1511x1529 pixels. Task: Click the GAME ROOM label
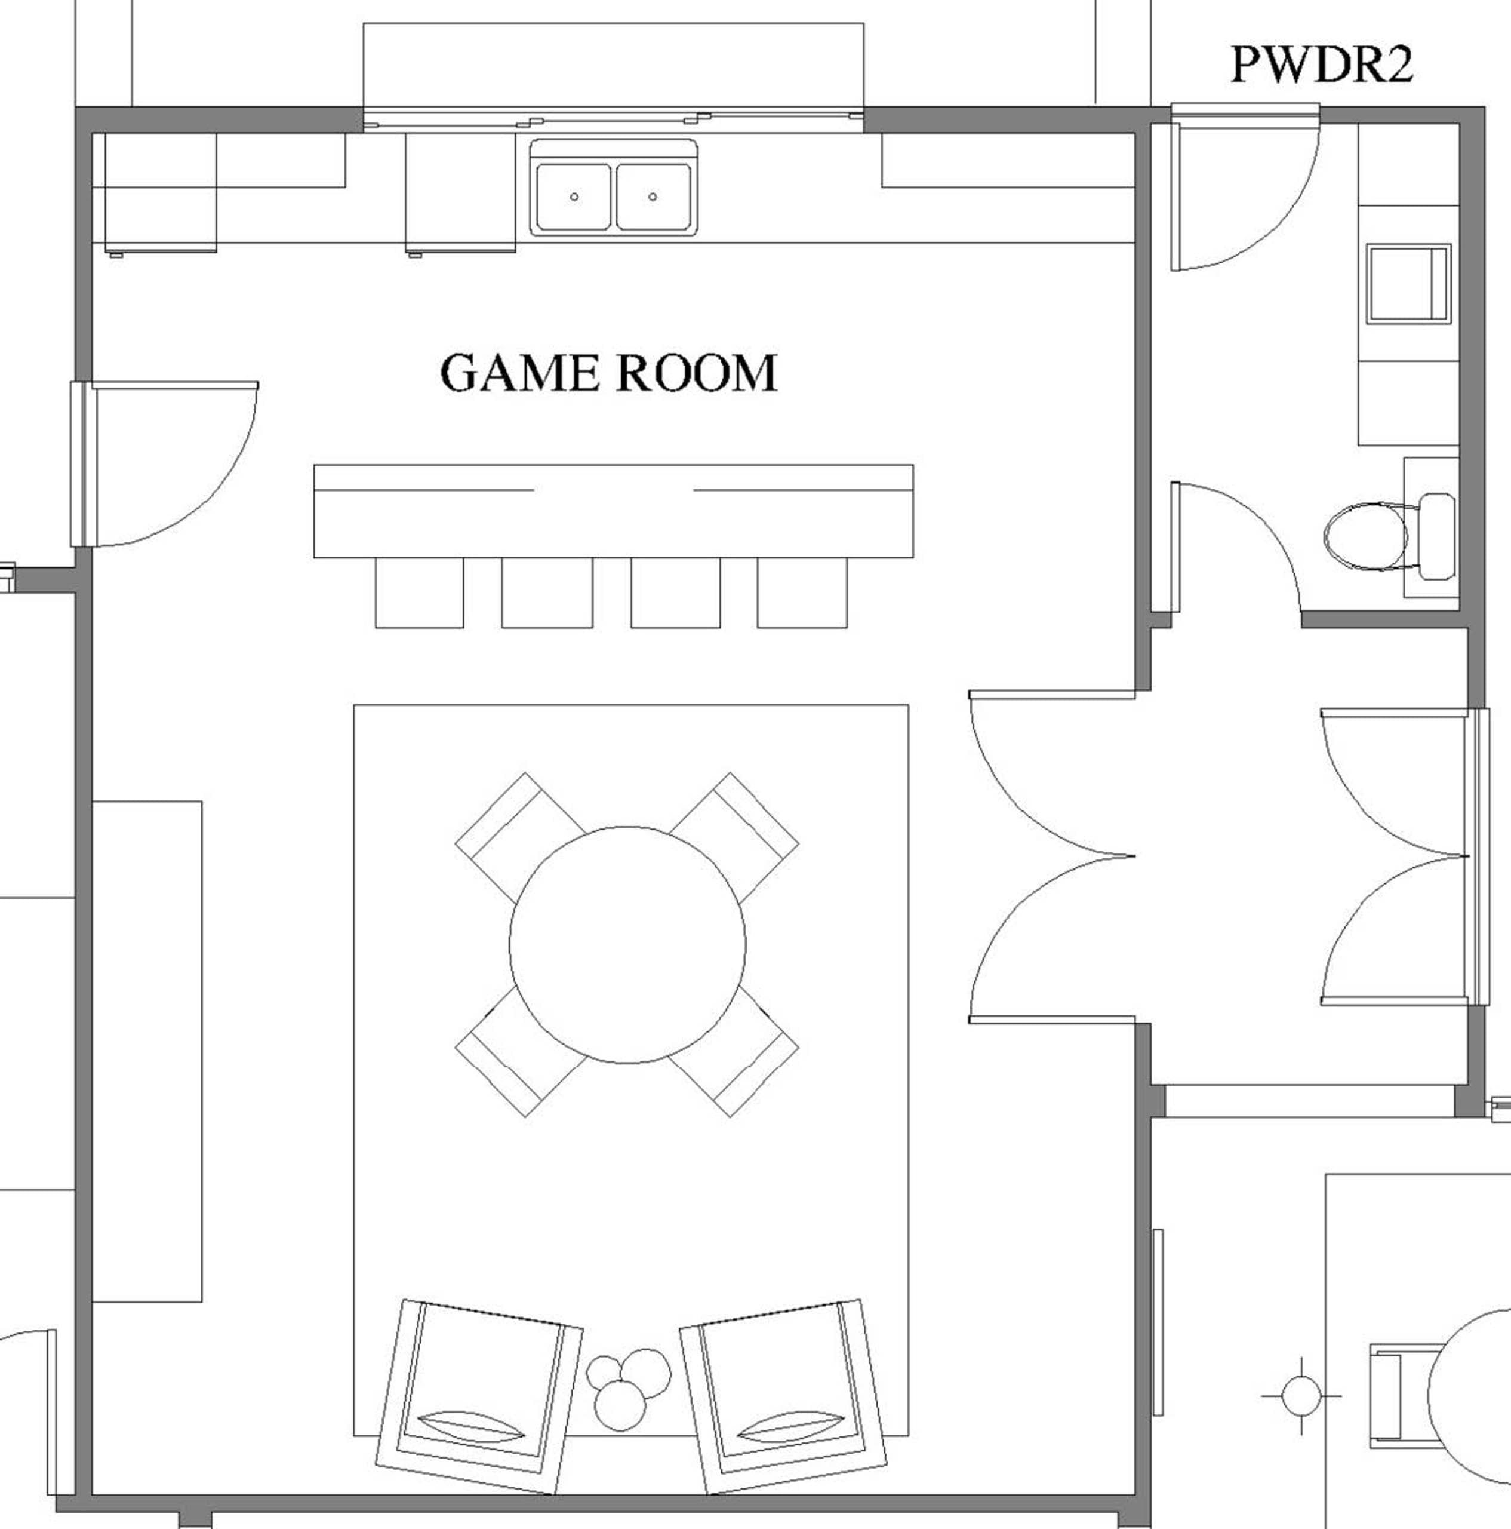pos(608,373)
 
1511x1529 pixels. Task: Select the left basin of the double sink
pos(574,197)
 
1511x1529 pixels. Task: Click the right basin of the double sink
pos(653,197)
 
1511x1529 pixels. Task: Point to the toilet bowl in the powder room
pos(1365,536)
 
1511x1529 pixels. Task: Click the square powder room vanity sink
pos(1408,283)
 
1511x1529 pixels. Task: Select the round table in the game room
pos(627,945)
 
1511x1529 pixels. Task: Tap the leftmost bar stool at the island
pos(419,592)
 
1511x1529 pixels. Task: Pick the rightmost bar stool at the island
pos(802,592)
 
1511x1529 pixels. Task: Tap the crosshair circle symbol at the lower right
pos(1301,1396)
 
